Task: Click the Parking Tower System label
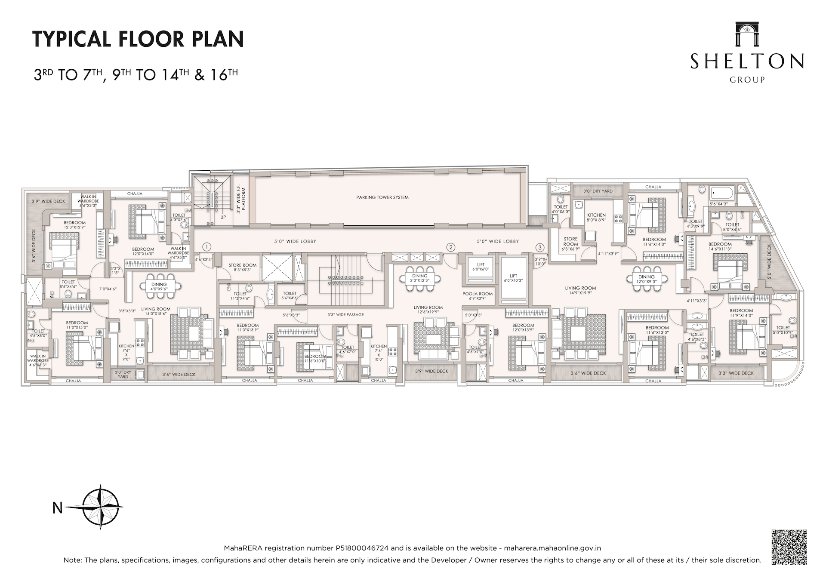click(x=382, y=197)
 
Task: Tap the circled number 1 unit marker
click(x=207, y=247)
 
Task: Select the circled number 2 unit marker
click(x=450, y=247)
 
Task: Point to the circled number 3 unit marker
click(x=540, y=247)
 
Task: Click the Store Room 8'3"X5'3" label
click(x=243, y=267)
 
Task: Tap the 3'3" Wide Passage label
click(x=345, y=315)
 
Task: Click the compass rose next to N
click(x=101, y=507)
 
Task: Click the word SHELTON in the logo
click(x=747, y=62)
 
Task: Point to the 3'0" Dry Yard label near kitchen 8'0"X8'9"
click(x=598, y=191)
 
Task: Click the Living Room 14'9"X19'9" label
click(x=580, y=291)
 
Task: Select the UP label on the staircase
click(x=223, y=218)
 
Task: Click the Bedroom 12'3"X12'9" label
click(x=74, y=225)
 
